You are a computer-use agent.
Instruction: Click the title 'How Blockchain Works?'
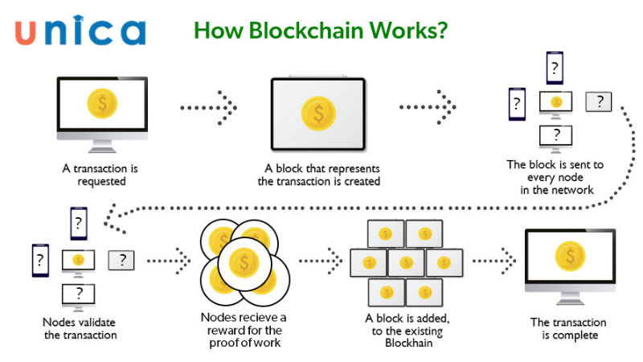click(321, 30)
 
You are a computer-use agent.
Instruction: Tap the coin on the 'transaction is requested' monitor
click(101, 104)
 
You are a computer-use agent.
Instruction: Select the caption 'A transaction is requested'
click(101, 175)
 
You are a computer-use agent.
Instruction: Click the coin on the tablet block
click(318, 114)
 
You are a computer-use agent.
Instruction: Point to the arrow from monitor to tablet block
click(207, 106)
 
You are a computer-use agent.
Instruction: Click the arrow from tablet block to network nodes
click(428, 106)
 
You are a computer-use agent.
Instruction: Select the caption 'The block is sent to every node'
click(555, 177)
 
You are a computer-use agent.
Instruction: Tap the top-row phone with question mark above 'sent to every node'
click(555, 68)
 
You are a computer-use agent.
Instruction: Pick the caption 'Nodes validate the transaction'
click(80, 328)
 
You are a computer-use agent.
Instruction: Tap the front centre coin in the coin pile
click(243, 261)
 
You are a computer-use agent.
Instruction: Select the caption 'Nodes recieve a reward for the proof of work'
click(242, 331)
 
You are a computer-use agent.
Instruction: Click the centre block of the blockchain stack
click(406, 262)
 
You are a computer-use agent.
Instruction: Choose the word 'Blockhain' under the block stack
click(406, 343)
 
